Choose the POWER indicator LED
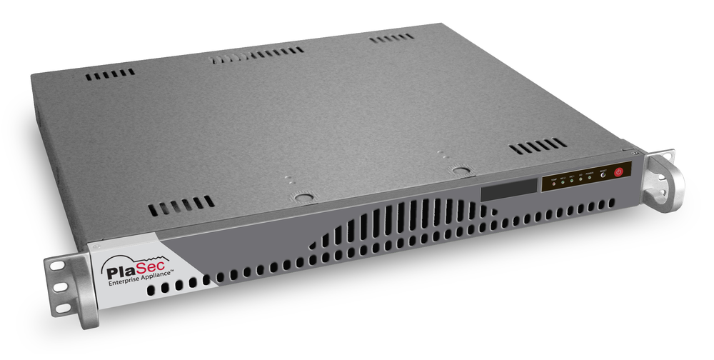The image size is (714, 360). tap(590, 177)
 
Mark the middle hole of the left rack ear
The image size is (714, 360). tap(61, 286)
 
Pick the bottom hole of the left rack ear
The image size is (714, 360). tap(63, 307)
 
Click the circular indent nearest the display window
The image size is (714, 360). tap(461, 171)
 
